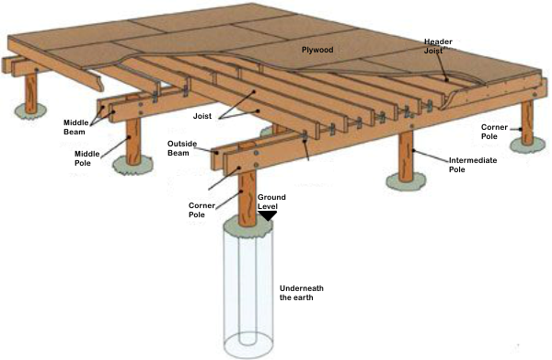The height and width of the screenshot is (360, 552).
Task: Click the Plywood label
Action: click(x=317, y=50)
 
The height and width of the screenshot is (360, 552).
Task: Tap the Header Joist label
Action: click(x=438, y=46)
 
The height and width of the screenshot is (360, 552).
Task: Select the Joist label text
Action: click(x=202, y=116)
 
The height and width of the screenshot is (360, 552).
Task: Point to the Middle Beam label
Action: click(x=76, y=127)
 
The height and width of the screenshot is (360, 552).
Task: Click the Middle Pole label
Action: click(x=87, y=158)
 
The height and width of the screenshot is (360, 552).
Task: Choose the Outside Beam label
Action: click(x=181, y=148)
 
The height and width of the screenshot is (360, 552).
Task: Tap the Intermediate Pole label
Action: click(x=473, y=165)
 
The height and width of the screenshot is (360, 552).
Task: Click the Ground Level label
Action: click(x=271, y=202)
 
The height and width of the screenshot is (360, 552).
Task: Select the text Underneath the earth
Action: click(x=302, y=293)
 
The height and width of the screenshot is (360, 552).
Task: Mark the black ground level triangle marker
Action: click(x=267, y=215)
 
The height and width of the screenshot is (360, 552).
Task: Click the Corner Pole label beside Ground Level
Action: click(x=201, y=210)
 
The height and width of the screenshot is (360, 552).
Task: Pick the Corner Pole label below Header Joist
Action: click(x=494, y=132)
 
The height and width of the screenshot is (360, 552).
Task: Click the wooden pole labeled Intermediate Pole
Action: click(x=406, y=157)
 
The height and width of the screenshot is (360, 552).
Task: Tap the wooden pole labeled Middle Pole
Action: click(x=133, y=142)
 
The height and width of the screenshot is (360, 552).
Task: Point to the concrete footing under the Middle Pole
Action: click(x=132, y=166)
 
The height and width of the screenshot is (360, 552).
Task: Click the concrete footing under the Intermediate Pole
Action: click(x=406, y=182)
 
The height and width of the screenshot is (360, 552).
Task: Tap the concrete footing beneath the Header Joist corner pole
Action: click(x=528, y=145)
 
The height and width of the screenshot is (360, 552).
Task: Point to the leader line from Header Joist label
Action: click(x=443, y=64)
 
